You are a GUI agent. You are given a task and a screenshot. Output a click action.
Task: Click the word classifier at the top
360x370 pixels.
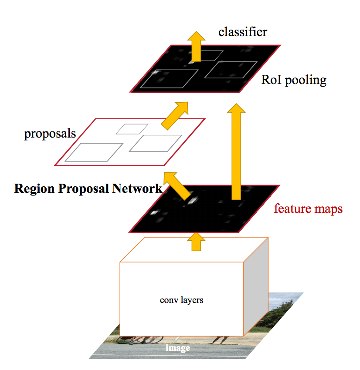[243, 32]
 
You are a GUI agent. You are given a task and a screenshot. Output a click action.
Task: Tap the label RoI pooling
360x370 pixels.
[294, 80]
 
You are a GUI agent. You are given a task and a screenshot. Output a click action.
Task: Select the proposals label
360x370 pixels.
[50, 133]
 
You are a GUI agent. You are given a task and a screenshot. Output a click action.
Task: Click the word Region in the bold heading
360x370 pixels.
[33, 189]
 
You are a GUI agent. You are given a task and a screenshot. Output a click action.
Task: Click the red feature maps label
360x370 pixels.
[308, 209]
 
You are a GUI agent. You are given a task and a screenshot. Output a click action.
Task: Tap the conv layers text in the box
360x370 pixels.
[181, 300]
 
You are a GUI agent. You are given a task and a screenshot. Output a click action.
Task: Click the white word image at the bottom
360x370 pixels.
[178, 348]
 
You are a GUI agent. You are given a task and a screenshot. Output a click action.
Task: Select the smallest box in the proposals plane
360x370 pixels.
[132, 129]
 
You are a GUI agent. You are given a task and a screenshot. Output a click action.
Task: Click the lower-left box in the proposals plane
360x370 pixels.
[94, 152]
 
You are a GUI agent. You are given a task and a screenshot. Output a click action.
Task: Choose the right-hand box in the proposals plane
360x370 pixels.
[156, 143]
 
